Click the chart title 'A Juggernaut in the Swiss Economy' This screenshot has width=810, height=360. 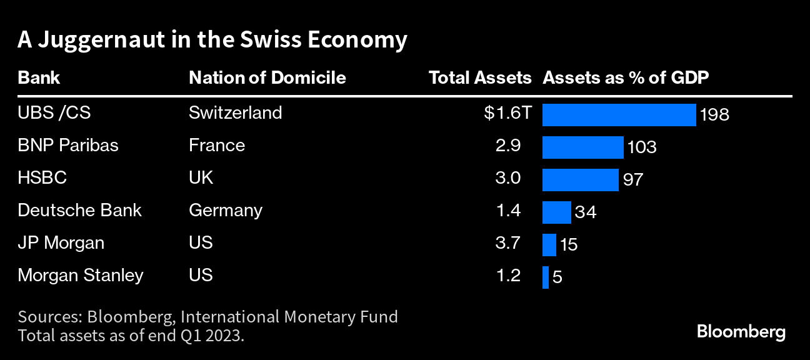coord(212,40)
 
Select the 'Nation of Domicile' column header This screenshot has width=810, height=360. coord(267,77)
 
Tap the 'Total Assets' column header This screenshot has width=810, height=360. coord(479,77)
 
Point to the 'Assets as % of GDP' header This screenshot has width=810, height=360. coord(626,77)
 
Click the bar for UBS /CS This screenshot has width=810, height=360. coord(619,115)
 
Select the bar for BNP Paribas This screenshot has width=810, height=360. coord(582,147)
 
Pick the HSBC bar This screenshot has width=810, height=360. coord(580,180)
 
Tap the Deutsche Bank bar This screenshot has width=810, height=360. coord(556,212)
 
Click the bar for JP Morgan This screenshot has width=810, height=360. coord(549,245)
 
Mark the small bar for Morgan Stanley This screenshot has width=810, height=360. coord(546,277)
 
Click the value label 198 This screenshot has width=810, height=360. coord(715,116)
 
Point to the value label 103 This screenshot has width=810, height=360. coord(642,148)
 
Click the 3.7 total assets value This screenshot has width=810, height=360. coord(507,242)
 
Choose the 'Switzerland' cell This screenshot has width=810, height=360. coord(235,112)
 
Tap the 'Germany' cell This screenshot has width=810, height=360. coord(225,210)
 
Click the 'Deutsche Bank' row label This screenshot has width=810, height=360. coord(79,210)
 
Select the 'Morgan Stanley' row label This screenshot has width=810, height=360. coord(81,275)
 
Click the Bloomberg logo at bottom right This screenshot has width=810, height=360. coord(741,332)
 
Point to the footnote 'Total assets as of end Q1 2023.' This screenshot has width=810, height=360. coord(131,335)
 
